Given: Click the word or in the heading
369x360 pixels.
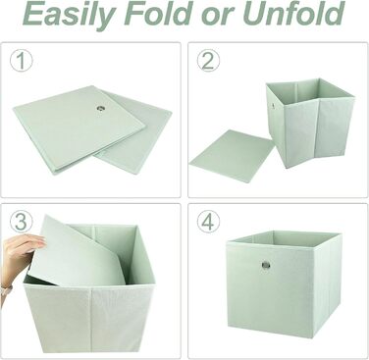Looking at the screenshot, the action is (218, 17).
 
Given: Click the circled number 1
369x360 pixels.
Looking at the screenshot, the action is (22, 61).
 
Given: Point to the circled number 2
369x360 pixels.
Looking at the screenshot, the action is (208, 61).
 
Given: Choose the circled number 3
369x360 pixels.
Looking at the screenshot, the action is (22, 222).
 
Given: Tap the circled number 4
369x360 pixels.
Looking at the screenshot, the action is (208, 222).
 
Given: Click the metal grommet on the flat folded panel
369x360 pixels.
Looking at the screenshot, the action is (101, 109).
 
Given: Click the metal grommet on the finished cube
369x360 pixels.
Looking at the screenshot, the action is (266, 265).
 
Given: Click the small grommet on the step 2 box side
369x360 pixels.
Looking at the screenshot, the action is (271, 107).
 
